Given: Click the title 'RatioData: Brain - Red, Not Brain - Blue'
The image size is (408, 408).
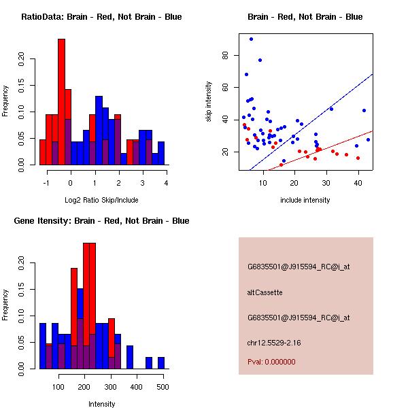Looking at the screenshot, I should (101, 17).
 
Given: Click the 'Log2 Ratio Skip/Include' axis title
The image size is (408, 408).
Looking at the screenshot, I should (101, 200).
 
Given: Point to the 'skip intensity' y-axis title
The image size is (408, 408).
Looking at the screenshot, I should (209, 102).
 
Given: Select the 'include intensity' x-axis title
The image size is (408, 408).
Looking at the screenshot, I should (305, 200).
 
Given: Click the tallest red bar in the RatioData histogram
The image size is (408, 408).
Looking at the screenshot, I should (62, 102).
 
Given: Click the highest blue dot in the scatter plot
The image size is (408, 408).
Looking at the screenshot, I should (251, 39).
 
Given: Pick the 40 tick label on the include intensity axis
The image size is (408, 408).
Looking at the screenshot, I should (358, 182).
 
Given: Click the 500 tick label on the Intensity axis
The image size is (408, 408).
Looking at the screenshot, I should (162, 386).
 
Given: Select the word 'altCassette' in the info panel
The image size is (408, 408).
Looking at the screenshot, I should (265, 292).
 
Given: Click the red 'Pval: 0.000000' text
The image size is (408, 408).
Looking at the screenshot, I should (271, 362).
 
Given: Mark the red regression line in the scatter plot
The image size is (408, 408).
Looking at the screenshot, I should (326, 146).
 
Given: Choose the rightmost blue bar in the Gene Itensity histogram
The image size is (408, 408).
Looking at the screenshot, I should (161, 363).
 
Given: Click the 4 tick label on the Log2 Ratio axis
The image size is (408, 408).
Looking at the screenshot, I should (166, 182).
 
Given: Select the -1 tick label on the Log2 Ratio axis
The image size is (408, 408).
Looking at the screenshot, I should (46, 182).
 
